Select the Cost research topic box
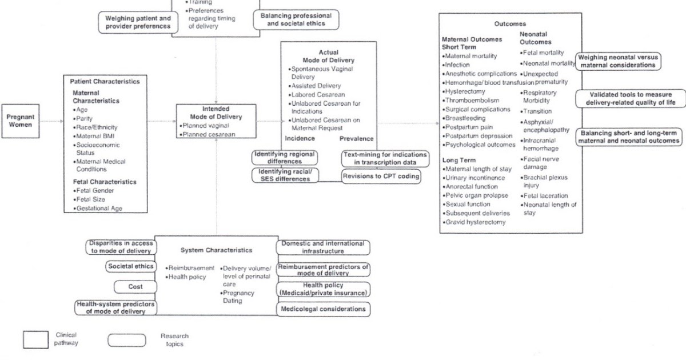[135, 286]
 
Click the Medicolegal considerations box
[322, 309]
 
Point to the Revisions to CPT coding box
[380, 176]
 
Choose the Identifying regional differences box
[285, 157]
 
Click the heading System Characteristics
[216, 250]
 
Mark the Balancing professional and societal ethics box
[296, 19]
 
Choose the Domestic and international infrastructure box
[322, 247]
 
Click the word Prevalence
[356, 138]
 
